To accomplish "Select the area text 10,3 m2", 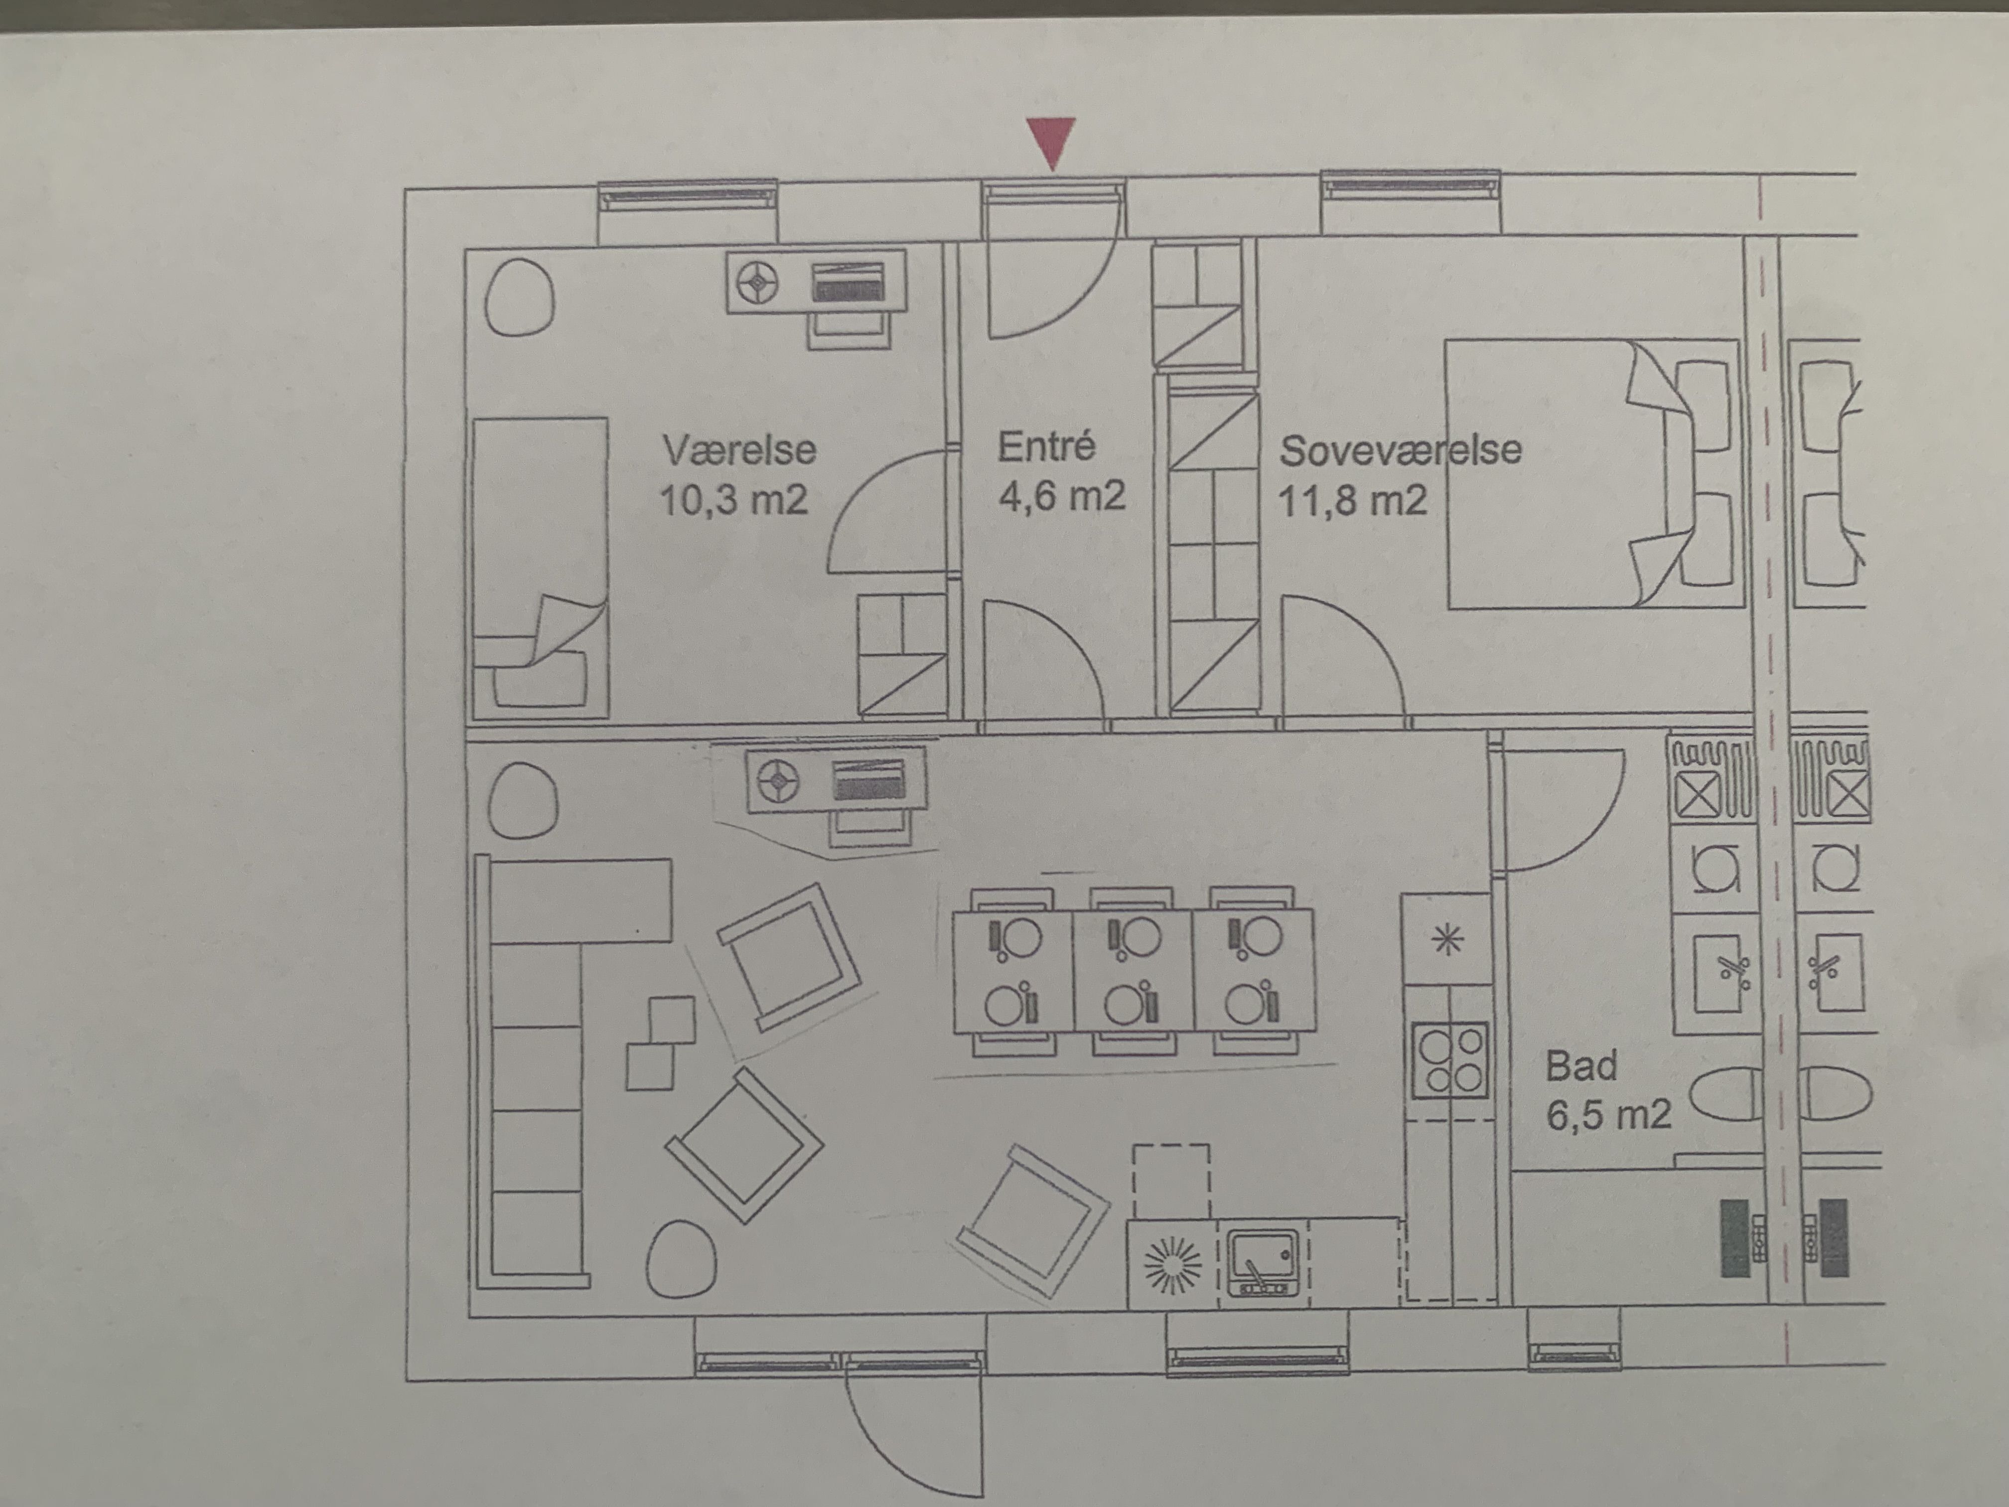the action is coord(734,500).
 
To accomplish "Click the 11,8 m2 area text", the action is coord(1352,500).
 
